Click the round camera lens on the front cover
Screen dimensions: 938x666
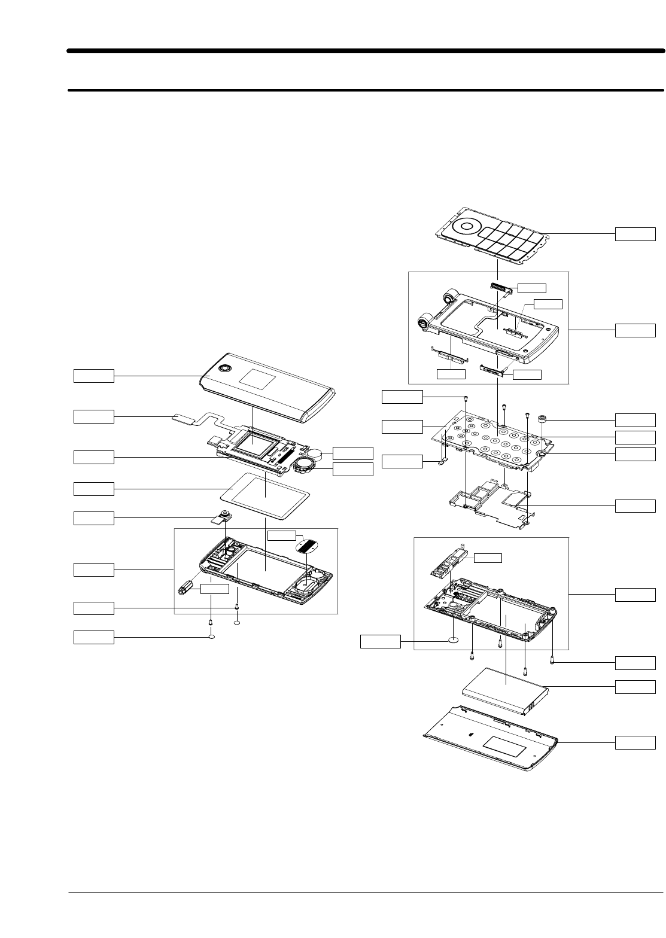point(226,368)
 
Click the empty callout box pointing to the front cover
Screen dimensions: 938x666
point(93,376)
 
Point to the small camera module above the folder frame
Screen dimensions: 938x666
point(223,516)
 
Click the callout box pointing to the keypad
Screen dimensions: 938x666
point(635,233)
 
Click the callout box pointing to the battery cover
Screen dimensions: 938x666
point(635,742)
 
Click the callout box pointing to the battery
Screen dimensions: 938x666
point(635,686)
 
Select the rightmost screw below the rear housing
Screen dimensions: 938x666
point(552,661)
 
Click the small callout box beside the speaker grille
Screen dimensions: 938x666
point(281,535)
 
